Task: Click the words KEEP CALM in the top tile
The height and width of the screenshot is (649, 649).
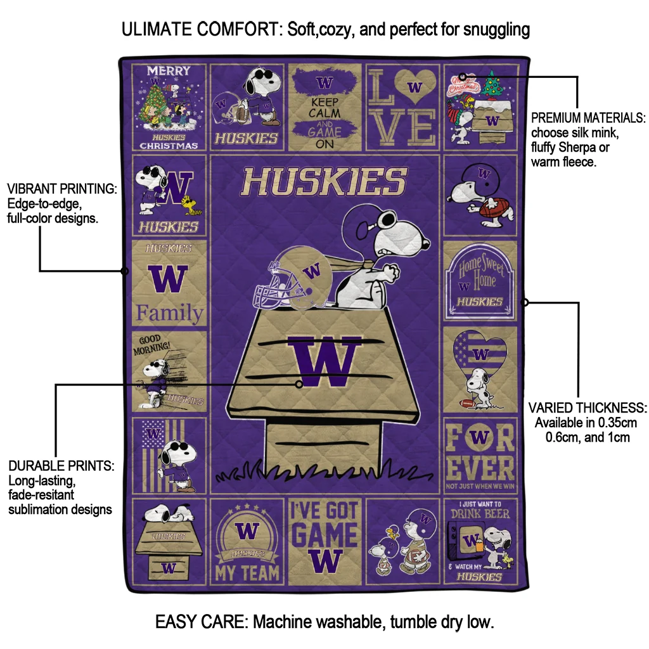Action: [x=324, y=107]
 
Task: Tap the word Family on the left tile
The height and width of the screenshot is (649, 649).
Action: [x=170, y=312]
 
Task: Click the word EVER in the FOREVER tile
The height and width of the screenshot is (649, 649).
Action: [x=480, y=468]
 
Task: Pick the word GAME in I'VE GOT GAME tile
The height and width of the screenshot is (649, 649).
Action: [x=324, y=536]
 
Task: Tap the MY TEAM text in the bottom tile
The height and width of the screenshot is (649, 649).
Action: [x=247, y=572]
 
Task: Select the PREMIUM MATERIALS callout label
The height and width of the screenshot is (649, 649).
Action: [x=588, y=119]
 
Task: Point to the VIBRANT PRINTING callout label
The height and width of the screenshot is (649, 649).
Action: [x=61, y=189]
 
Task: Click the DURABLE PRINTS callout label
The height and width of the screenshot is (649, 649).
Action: [x=61, y=466]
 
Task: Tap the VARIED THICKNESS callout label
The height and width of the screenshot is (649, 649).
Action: [x=588, y=408]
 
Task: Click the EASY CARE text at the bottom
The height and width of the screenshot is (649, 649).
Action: [x=201, y=622]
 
